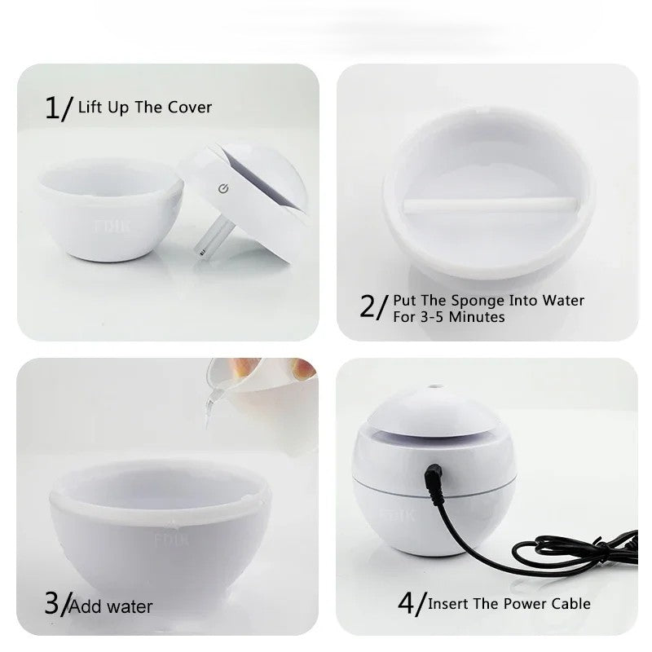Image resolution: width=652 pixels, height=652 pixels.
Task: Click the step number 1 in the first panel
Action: click(51, 108)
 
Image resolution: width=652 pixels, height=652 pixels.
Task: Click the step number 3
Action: click(51, 604)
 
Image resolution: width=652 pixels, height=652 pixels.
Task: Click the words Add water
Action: click(111, 606)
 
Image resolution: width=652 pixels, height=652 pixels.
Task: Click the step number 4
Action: click(407, 604)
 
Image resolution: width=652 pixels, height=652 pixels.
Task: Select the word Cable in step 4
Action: click(570, 604)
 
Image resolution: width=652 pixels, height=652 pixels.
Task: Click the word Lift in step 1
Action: click(89, 107)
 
